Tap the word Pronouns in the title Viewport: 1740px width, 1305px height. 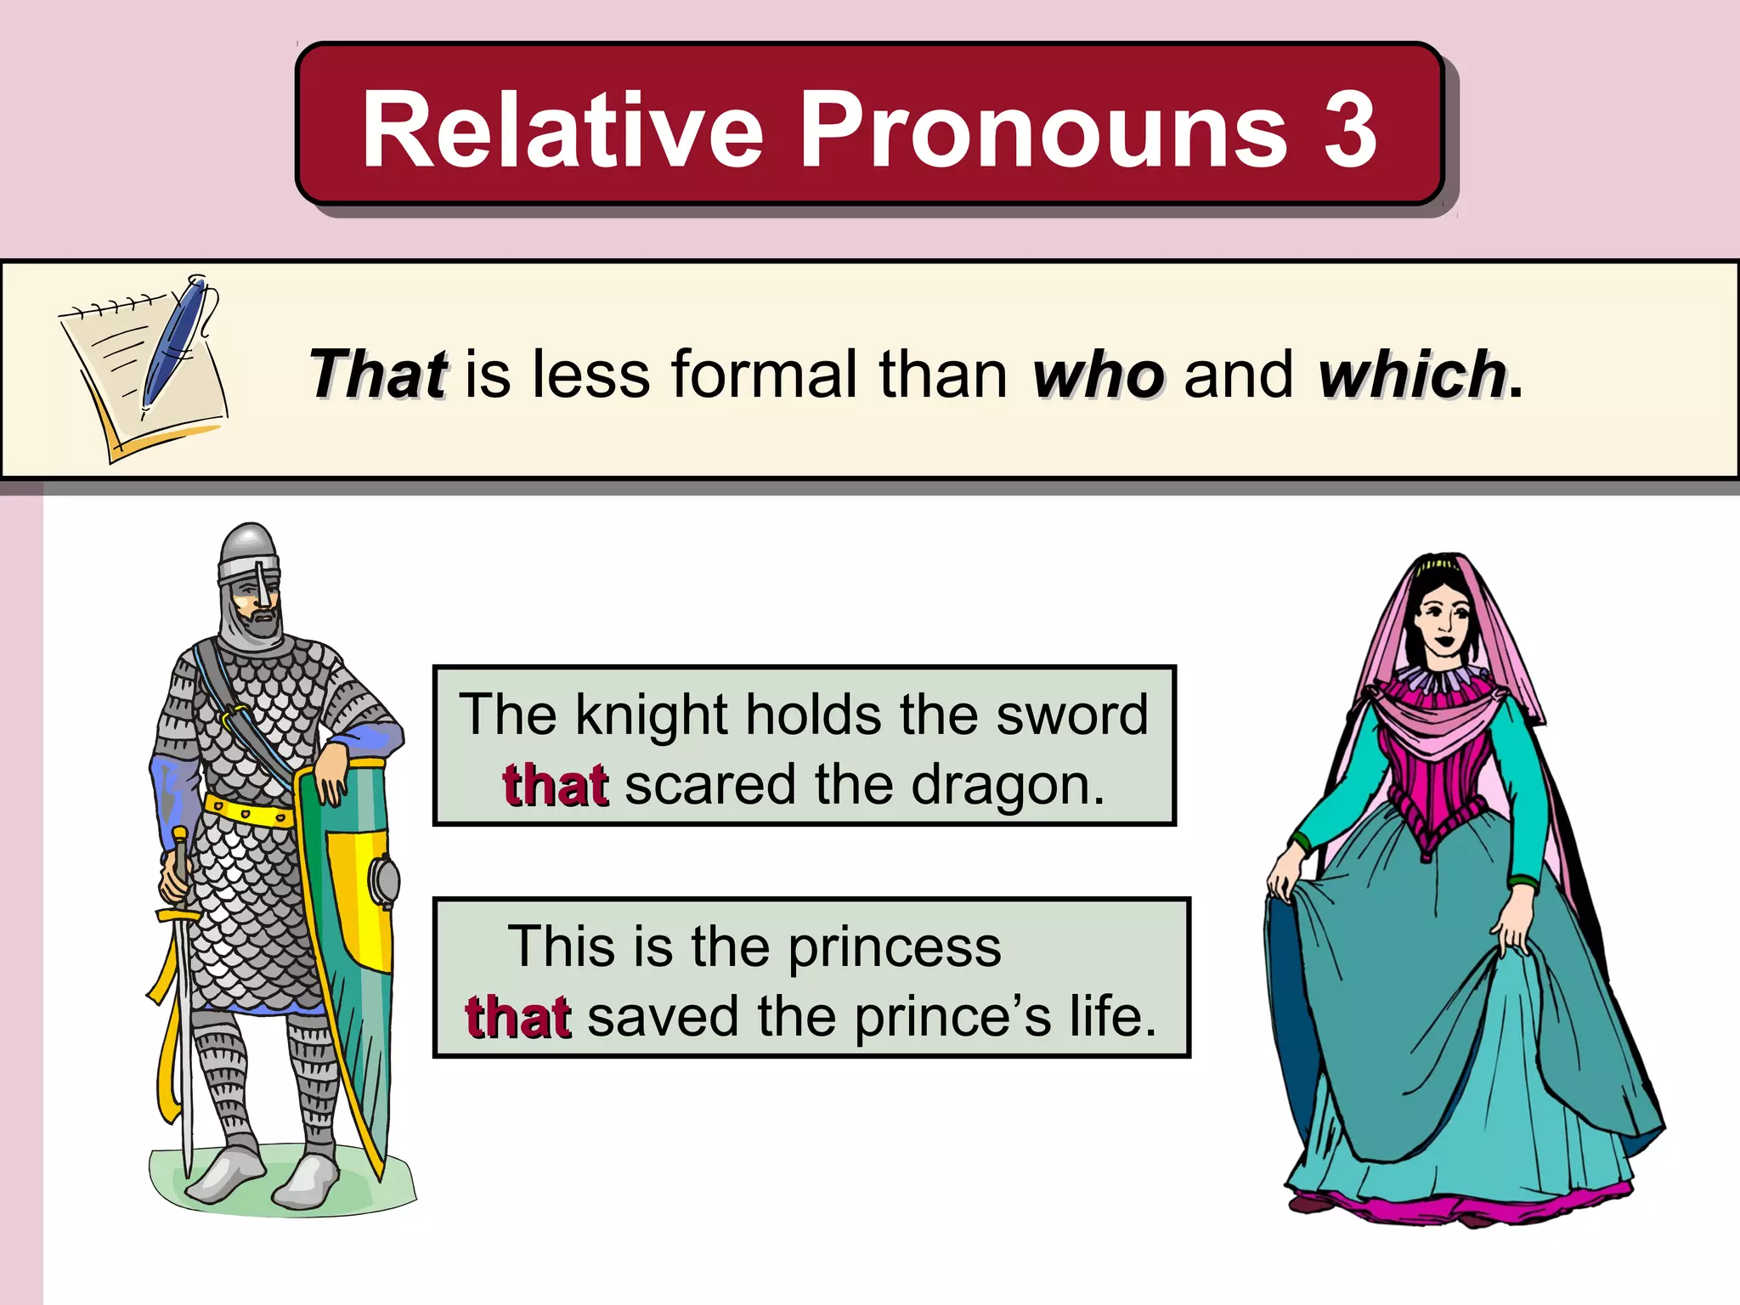click(x=1043, y=130)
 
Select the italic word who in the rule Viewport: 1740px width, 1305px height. click(x=1098, y=374)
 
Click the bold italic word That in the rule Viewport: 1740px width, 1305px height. click(x=378, y=374)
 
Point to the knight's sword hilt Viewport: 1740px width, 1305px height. click(x=179, y=884)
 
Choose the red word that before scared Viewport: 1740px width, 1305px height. click(x=555, y=785)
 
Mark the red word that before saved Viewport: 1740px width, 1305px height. click(x=517, y=1017)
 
